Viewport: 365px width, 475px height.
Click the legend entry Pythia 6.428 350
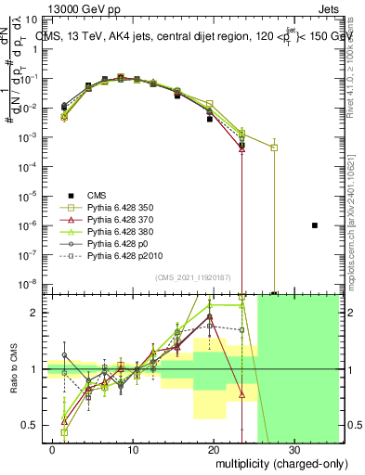117,207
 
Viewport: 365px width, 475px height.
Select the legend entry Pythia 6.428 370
117,219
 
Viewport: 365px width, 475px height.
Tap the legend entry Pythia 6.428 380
117,231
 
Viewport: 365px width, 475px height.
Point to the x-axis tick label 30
294,449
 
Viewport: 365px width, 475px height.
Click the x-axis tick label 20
215,449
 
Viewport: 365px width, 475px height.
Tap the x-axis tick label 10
134,449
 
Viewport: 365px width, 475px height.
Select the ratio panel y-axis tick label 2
38,313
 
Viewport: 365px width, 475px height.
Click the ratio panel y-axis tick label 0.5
34,425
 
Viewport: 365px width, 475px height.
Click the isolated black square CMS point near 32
315,225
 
